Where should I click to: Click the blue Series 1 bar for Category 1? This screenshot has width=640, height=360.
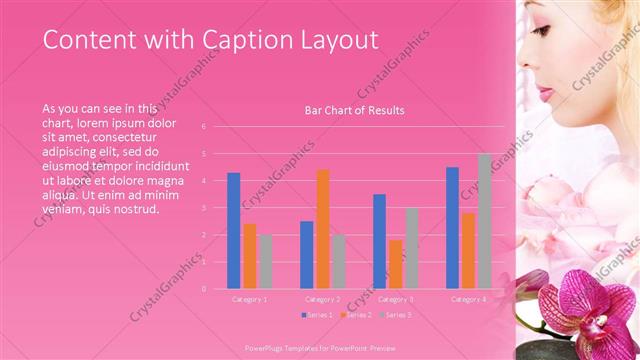tap(233, 231)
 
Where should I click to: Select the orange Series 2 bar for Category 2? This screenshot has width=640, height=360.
tap(322, 229)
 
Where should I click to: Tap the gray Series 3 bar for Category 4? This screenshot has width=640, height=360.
tap(484, 221)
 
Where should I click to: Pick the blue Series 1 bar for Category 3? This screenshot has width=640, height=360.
tap(379, 241)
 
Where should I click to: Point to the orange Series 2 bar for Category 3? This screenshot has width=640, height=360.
tap(395, 264)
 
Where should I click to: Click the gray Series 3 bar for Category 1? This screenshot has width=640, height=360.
tap(265, 261)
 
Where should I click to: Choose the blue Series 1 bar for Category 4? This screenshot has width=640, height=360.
tap(452, 228)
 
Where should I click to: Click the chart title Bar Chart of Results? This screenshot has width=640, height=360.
tap(354, 110)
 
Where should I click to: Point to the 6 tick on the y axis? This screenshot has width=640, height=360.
tap(203, 127)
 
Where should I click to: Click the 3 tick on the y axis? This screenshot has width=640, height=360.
tap(203, 208)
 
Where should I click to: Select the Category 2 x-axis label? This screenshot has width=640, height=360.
tap(322, 299)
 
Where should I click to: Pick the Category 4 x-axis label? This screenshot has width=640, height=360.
tap(468, 299)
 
